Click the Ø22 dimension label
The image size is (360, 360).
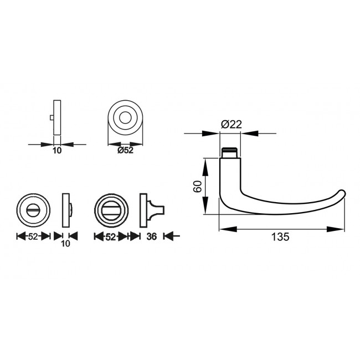232,125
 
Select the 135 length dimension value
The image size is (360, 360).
280,236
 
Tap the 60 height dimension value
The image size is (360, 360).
198,186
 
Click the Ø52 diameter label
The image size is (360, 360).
125,151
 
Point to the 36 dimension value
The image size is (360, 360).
152,236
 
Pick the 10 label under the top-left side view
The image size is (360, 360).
57,151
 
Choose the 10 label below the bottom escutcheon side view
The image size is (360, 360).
65,243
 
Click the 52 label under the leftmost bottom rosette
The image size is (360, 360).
33,236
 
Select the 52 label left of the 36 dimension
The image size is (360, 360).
110,236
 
